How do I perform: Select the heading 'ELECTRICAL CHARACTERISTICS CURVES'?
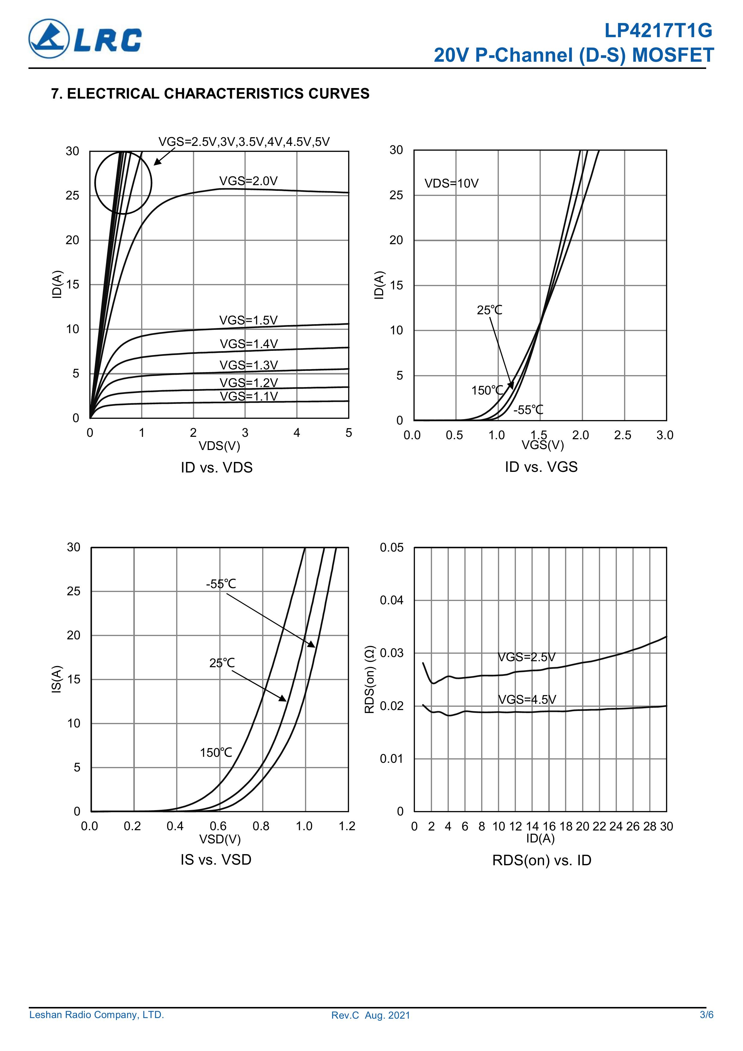point(218,93)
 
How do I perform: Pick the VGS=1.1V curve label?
point(249,396)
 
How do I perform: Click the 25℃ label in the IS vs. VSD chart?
point(222,663)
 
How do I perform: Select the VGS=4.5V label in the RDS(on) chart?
point(527,700)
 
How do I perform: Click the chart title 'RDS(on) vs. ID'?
point(542,860)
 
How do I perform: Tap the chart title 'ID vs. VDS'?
point(217,467)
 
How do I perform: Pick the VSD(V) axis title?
point(220,839)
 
